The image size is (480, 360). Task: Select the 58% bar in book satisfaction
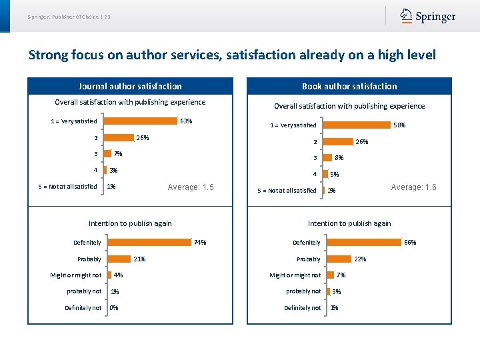(357, 125)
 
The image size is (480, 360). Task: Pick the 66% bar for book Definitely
(363, 243)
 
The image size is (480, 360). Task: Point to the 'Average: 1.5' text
(191, 187)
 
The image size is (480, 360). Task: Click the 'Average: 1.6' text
(413, 187)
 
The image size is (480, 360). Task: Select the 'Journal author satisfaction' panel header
(130, 86)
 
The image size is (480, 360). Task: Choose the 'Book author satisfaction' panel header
(349, 86)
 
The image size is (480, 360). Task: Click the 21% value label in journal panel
(139, 259)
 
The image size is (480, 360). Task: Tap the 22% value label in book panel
(359, 259)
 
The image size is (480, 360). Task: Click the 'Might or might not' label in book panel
(295, 275)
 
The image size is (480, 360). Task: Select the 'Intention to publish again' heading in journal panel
(130, 223)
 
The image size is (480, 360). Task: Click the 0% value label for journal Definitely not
(114, 308)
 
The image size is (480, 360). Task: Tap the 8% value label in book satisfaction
(339, 158)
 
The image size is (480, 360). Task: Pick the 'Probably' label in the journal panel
(89, 259)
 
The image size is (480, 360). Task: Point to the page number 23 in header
(107, 16)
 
